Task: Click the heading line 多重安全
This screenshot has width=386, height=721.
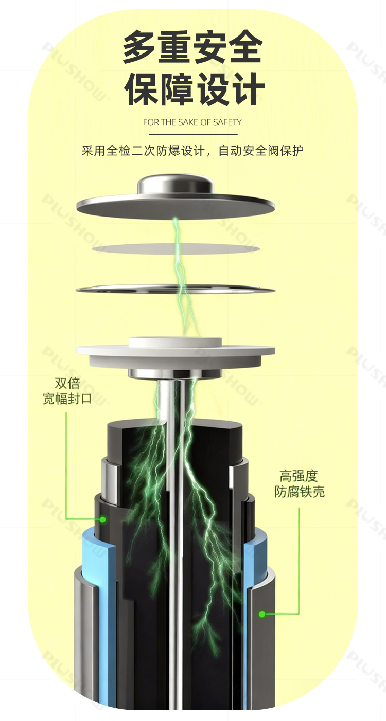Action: pos(192,47)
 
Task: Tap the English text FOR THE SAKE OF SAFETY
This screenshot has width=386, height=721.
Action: pos(192,122)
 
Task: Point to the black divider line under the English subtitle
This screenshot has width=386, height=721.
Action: pos(192,134)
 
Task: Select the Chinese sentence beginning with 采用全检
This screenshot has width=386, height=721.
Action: pos(192,151)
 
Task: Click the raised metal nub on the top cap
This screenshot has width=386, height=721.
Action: pos(176,185)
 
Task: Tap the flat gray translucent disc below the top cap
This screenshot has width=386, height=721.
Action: pos(176,248)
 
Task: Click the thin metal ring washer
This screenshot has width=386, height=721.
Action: pos(176,290)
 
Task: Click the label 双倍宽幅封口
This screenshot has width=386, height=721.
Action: pos(67,391)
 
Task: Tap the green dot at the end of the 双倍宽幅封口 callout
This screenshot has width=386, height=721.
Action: pos(103,519)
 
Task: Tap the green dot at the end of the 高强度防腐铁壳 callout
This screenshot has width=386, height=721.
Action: pos(262,614)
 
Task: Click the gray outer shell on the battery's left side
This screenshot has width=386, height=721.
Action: pos(85,641)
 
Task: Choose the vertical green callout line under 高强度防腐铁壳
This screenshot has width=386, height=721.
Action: pos(299,561)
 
